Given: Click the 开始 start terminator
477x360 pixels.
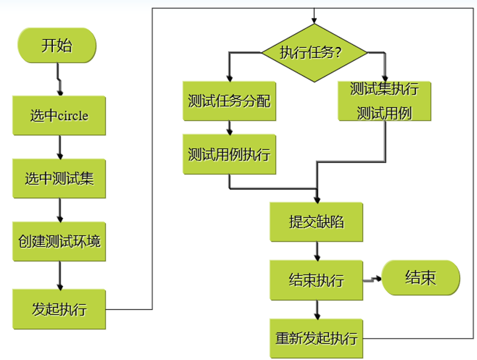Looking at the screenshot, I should (x=57, y=45).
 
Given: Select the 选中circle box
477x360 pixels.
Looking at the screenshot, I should (x=59, y=116).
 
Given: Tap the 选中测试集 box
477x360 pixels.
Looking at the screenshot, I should (x=59, y=178).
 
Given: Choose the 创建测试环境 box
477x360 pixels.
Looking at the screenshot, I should (x=59, y=241).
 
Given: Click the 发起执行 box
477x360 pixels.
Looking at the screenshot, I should (x=59, y=309).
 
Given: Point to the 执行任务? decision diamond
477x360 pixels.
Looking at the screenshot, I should (x=314, y=53).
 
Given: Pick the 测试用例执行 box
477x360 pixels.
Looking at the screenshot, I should (x=229, y=154).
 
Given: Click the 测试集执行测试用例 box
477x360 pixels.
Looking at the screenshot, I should (x=384, y=101).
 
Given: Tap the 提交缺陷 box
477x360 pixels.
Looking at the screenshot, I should (x=316, y=221).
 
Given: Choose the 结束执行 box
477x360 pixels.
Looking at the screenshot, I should (x=316, y=280).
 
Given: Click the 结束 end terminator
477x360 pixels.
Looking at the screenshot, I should (x=421, y=278).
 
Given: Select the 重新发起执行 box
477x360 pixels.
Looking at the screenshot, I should (x=316, y=338).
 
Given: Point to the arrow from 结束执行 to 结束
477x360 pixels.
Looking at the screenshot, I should (x=372, y=280).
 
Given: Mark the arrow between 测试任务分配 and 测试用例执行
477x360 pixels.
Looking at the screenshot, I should (x=229, y=128).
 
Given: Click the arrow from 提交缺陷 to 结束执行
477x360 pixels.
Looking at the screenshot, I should (x=316, y=251).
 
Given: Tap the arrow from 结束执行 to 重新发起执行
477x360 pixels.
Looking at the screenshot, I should (x=316, y=309).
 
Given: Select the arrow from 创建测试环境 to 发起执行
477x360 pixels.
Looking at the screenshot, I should (x=59, y=275).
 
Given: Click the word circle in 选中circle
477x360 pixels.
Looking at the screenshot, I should (x=74, y=116).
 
